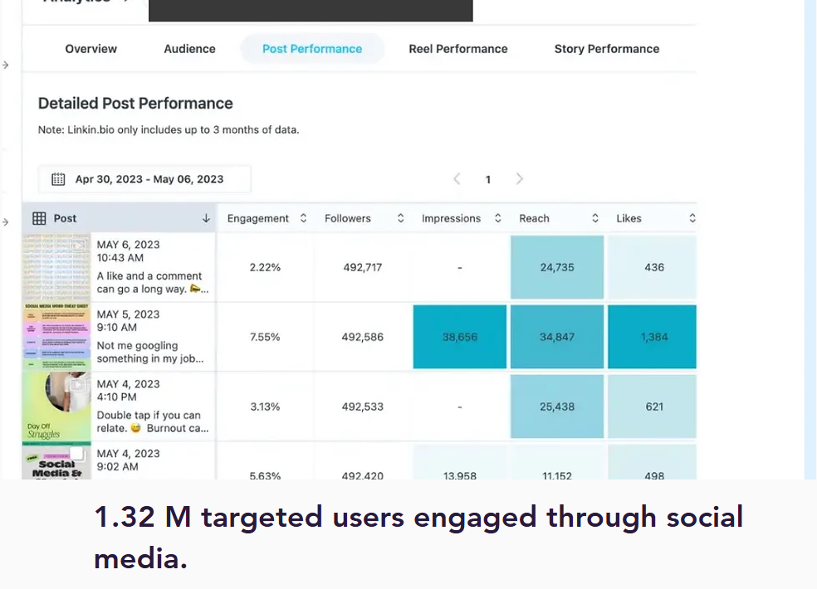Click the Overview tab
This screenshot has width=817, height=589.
pos(91,49)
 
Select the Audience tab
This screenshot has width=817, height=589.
pos(189,49)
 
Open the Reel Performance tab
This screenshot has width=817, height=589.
pos(457,49)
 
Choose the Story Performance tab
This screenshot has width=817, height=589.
pos(606,49)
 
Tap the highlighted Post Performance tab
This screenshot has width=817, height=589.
pos(312,49)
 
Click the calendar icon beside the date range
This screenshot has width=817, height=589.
pos(58,179)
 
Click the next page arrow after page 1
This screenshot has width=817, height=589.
pos(520,179)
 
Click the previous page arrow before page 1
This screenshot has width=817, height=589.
pos(457,179)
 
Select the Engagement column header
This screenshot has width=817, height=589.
pos(258,218)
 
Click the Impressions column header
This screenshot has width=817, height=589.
pos(451,218)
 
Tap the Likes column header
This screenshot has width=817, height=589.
pos(629,218)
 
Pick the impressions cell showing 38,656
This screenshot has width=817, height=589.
pos(459,337)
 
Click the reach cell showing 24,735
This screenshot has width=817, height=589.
pos(557,267)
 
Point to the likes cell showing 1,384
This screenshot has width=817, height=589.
pos(653,337)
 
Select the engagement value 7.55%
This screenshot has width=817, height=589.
pos(265,337)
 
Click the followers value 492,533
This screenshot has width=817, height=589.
pos(363,406)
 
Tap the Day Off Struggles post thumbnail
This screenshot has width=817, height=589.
pos(56,406)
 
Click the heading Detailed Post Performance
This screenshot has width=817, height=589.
pos(135,104)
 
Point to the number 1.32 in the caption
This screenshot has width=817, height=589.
pos(125,518)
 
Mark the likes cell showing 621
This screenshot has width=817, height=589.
pos(654,406)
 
